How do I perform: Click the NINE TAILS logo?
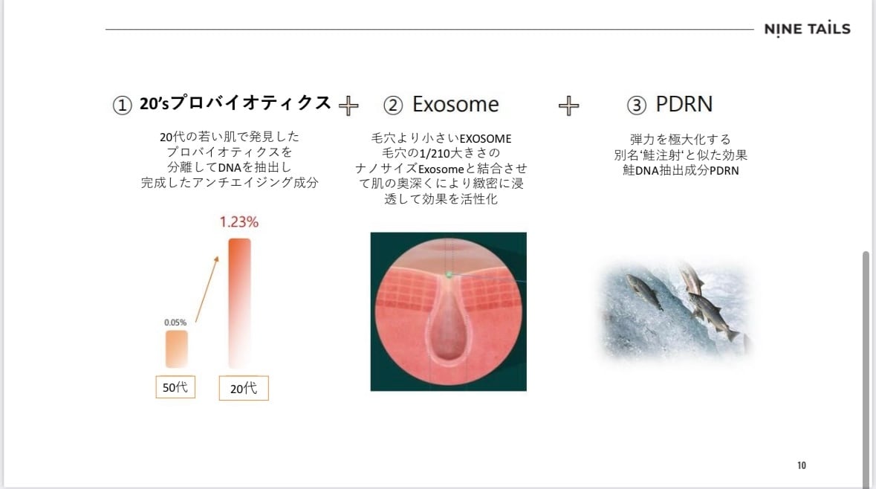pos(808,29)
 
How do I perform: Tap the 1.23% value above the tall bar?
pos(239,222)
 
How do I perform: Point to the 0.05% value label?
pos(175,323)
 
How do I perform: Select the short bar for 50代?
pos(177,349)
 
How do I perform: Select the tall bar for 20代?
pos(240,303)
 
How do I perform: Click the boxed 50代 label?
pos(175,386)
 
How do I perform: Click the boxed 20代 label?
pos(244,388)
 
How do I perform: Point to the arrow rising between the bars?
pos(207,289)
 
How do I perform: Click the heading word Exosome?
pos(455,105)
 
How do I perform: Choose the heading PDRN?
pos(684,104)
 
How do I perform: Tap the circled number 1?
pos(123,105)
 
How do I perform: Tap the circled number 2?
pos(393,105)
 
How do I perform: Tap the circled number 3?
pos(636,105)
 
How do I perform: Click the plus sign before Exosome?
pos(348,105)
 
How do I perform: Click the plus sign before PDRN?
pos(568,105)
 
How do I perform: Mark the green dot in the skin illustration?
pos(448,274)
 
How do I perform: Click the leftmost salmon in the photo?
pos(644,291)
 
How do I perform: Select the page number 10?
pos(802,465)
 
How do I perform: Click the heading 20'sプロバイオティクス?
pos(236,103)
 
